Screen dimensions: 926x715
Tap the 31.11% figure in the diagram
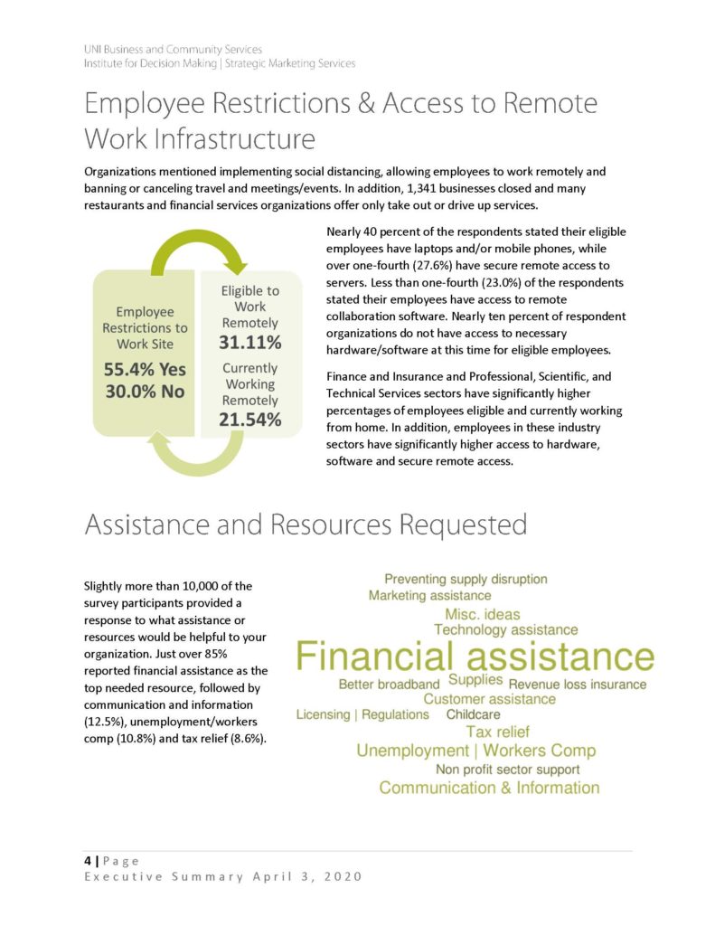[249, 344]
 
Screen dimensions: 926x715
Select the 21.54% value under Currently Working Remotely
[249, 420]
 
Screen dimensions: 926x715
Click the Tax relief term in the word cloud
[497, 732]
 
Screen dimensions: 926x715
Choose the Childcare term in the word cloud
[473, 714]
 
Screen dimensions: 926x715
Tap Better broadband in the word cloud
[389, 685]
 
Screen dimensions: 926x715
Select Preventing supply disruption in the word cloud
[466, 579]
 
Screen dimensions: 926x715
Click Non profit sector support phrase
[507, 770]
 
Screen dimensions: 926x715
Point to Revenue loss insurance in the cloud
[578, 685]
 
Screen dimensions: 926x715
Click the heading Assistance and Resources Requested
[306, 524]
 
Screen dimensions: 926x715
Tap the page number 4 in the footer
[77, 861]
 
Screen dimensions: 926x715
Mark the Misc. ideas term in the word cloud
[483, 614]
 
